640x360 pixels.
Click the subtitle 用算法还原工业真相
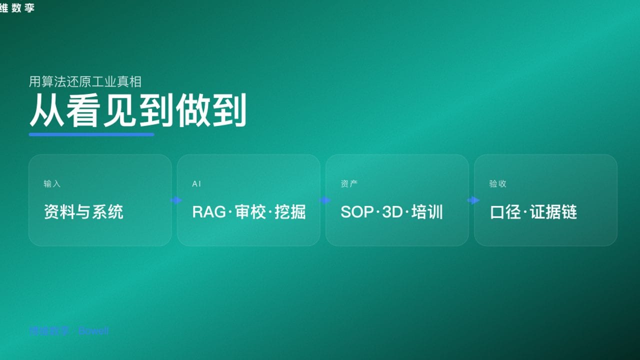[85, 81]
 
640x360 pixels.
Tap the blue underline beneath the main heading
[91, 134]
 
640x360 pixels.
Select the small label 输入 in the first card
[52, 184]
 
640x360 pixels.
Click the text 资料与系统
[83, 212]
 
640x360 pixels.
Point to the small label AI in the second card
[196, 184]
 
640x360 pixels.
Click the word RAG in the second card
[209, 212]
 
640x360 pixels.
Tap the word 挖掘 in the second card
[290, 212]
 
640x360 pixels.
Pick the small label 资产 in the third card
[349, 184]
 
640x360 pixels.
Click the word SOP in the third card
[357, 212]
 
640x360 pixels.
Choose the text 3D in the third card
[392, 212]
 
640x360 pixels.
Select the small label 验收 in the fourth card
[497, 184]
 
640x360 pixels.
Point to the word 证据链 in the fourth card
[554, 212]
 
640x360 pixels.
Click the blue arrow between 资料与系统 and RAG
[176, 200]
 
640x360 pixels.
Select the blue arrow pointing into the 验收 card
[473, 200]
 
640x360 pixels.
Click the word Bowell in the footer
[93, 331]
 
